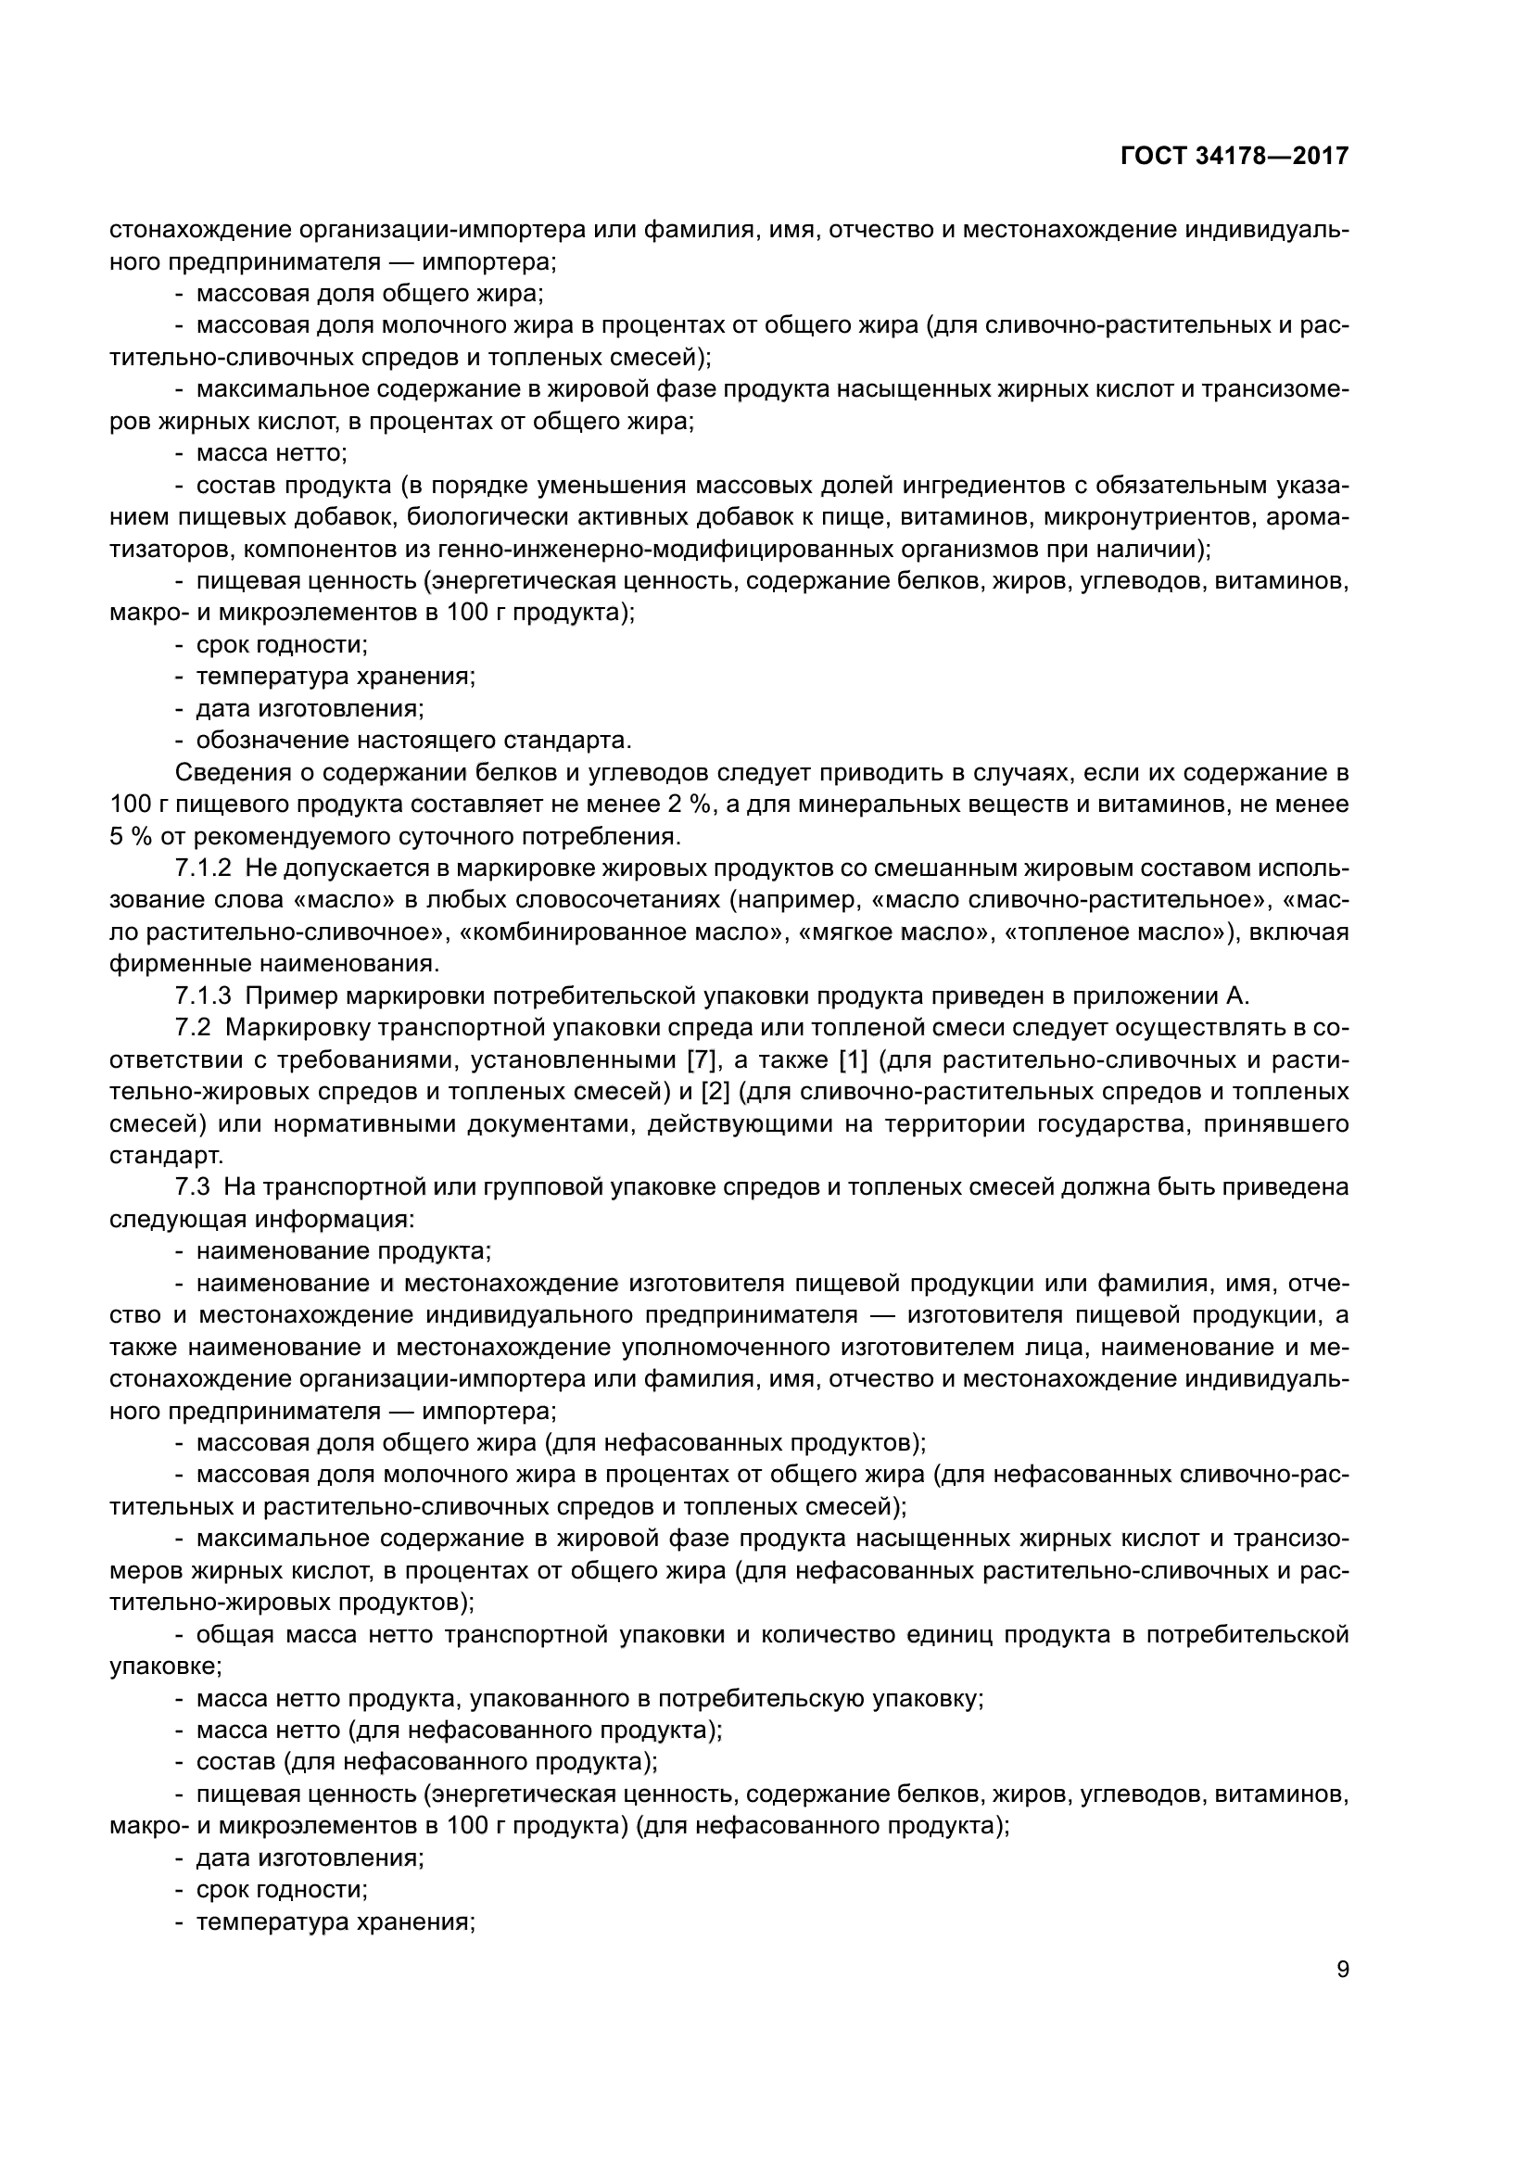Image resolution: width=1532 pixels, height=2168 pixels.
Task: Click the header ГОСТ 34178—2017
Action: (1234, 156)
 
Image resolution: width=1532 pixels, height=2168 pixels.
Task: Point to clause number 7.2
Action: (195, 1027)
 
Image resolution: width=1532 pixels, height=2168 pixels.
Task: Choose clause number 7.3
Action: (195, 1187)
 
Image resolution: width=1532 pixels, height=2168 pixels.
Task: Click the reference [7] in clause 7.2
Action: (702, 1059)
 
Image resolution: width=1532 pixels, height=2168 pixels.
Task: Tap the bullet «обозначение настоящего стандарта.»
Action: (413, 741)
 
